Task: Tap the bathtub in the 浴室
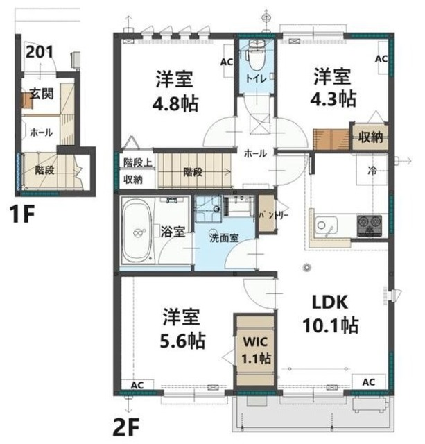click(137, 231)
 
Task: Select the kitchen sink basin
click(327, 225)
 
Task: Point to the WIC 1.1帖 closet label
click(257, 350)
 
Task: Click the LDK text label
click(330, 302)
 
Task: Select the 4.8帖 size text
click(175, 104)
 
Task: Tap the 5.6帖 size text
click(183, 341)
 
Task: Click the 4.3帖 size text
click(333, 99)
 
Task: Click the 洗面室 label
click(224, 238)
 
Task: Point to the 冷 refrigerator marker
click(372, 171)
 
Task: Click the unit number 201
click(40, 52)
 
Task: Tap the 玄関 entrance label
click(42, 94)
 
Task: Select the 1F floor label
click(22, 214)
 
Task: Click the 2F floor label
click(126, 428)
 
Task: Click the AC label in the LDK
click(369, 382)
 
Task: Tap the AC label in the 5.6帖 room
click(137, 386)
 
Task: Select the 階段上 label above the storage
click(138, 163)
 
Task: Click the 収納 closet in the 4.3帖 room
click(371, 137)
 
